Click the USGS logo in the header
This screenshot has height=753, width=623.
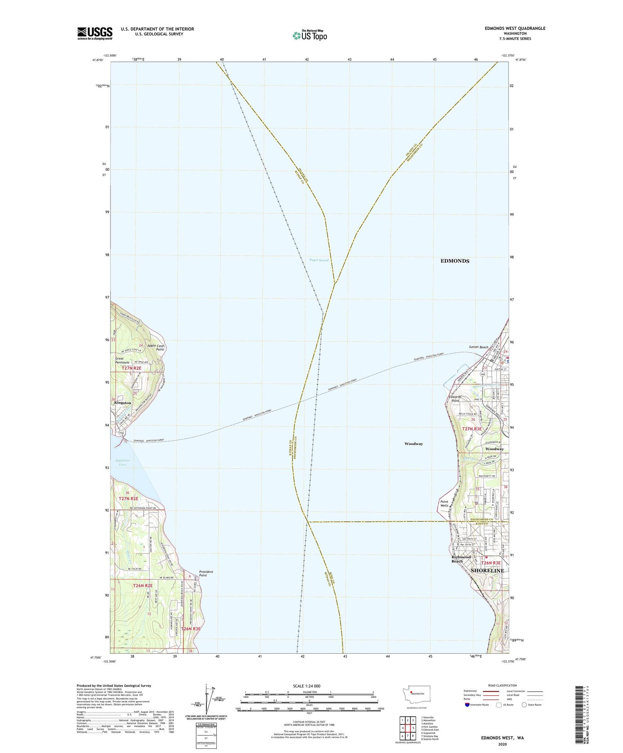[x=95, y=33]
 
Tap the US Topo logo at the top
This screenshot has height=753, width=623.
[x=310, y=36]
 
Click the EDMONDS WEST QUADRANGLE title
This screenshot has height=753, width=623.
[x=515, y=28]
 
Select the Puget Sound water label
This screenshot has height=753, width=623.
[x=319, y=260]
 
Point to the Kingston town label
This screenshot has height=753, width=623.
[x=123, y=403]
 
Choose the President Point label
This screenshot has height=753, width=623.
[x=206, y=574]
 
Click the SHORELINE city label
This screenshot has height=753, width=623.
[x=487, y=571]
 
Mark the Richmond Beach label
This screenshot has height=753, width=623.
[x=461, y=559]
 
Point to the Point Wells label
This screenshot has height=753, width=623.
[x=444, y=503]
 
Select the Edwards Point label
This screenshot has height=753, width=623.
[x=455, y=399]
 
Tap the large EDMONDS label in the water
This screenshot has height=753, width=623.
[x=455, y=261]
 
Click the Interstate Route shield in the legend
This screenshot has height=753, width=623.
[x=467, y=704]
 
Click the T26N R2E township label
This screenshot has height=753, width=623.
[x=143, y=586]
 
